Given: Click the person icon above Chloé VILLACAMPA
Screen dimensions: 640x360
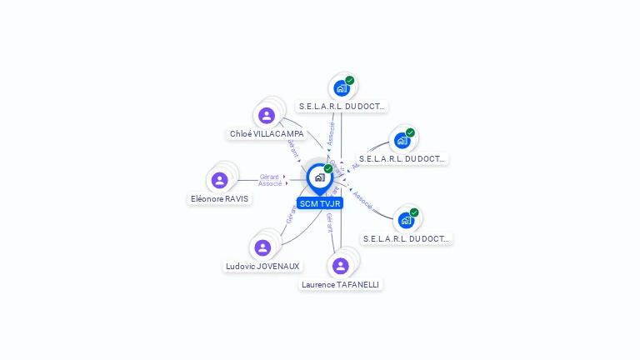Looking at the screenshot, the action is (x=267, y=116).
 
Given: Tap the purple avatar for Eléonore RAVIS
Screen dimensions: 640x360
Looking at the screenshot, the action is (x=219, y=180).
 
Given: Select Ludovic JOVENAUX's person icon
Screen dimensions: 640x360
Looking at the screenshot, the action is (x=262, y=247).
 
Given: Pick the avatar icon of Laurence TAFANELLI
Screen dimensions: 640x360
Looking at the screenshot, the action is (x=340, y=266).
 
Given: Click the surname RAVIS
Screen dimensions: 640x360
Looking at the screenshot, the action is (x=234, y=199).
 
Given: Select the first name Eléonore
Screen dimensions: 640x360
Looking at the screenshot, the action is (x=206, y=199).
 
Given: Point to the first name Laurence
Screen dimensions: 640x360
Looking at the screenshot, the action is (x=318, y=285).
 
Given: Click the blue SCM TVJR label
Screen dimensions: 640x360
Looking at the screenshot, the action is (x=320, y=203).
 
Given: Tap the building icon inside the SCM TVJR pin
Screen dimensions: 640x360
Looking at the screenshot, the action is (x=319, y=177).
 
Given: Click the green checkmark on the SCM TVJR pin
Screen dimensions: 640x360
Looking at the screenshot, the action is (x=328, y=168).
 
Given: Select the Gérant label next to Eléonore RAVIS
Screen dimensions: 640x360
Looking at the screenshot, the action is (x=269, y=177).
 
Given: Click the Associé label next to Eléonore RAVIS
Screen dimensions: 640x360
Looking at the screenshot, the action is (x=270, y=183).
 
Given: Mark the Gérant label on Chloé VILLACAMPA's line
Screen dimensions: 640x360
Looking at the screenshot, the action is (x=293, y=147).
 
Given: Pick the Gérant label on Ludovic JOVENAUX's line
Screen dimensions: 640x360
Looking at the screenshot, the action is (x=291, y=213).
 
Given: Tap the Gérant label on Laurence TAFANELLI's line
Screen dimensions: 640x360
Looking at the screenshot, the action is (x=330, y=221).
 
